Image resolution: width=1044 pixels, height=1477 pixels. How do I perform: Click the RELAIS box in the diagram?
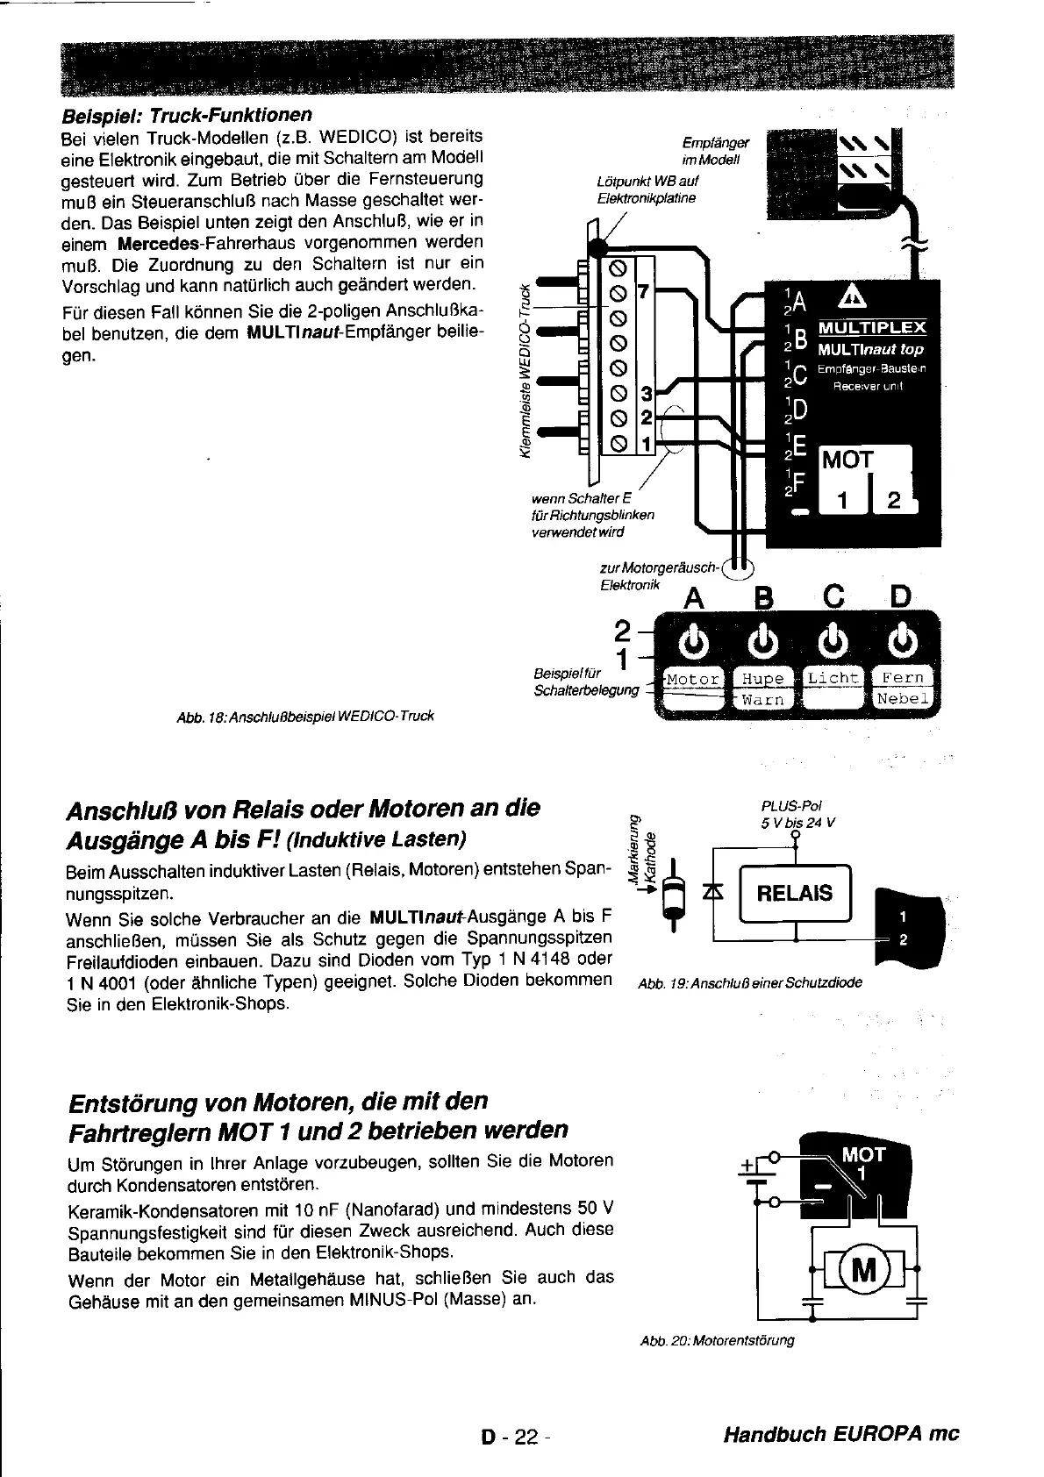(795, 893)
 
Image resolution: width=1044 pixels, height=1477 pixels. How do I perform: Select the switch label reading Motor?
(693, 679)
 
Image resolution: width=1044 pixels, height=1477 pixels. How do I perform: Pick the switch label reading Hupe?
(762, 679)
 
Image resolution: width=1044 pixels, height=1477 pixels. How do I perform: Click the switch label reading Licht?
(833, 678)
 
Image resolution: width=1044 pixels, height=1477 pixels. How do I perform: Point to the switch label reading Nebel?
(903, 699)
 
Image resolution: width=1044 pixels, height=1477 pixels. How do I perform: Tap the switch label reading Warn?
(762, 700)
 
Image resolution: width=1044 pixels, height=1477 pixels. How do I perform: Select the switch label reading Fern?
(903, 678)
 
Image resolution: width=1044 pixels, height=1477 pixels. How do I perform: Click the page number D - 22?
(513, 1436)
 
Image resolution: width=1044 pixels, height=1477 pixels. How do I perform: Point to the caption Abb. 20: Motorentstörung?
(718, 1340)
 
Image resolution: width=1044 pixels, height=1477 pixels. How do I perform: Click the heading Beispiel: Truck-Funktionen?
(186, 116)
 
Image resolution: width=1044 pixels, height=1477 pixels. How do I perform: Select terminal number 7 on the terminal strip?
(642, 290)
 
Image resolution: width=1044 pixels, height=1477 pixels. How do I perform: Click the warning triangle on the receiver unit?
(850, 298)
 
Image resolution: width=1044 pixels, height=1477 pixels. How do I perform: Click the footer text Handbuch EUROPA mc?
(841, 1435)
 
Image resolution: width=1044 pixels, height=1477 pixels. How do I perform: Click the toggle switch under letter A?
(693, 643)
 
